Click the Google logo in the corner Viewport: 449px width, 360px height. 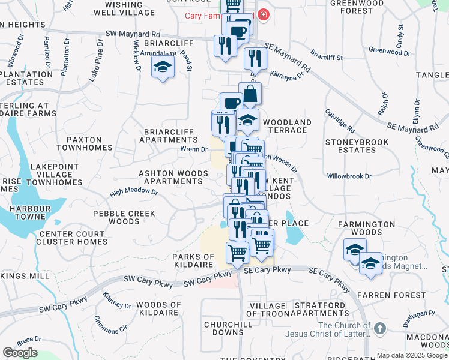20,353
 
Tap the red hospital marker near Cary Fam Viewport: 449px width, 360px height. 262,15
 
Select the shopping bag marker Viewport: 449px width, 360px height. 249,94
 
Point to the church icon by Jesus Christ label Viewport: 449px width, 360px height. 379,329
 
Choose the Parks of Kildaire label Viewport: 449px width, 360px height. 193,260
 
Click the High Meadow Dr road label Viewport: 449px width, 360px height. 133,193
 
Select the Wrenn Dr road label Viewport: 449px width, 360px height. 194,149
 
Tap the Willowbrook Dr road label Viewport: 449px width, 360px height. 349,176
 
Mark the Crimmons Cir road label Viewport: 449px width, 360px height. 115,329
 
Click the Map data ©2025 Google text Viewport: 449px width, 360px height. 412,355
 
